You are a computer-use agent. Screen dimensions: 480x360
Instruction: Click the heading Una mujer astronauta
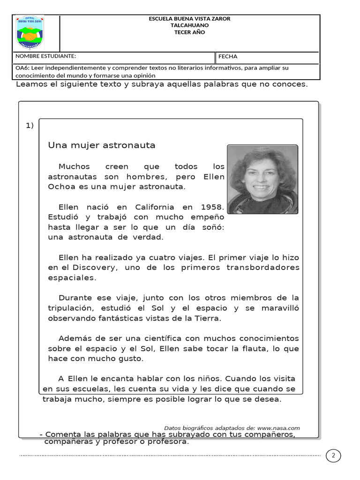click(x=102, y=145)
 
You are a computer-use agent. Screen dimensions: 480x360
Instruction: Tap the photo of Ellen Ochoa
click(x=262, y=179)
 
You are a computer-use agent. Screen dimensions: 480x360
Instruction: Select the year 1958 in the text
click(x=212, y=207)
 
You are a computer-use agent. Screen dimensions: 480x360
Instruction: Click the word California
click(x=155, y=207)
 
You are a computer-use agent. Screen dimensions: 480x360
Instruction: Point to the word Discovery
click(x=94, y=268)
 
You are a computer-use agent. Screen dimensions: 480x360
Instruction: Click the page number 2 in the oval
click(x=333, y=456)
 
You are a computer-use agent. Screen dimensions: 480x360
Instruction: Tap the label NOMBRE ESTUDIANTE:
click(x=45, y=57)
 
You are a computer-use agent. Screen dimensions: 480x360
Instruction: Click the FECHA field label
click(x=228, y=57)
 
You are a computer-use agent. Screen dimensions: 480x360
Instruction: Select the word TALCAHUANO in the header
click(x=189, y=25)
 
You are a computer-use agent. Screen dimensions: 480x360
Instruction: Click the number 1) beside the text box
click(x=30, y=126)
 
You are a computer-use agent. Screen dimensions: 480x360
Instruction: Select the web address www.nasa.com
click(x=278, y=428)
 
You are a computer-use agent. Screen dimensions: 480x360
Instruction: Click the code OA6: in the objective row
click(x=22, y=68)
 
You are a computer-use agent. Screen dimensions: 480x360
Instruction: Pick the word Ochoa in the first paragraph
click(x=61, y=187)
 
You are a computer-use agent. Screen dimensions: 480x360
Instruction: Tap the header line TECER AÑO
click(x=189, y=32)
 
